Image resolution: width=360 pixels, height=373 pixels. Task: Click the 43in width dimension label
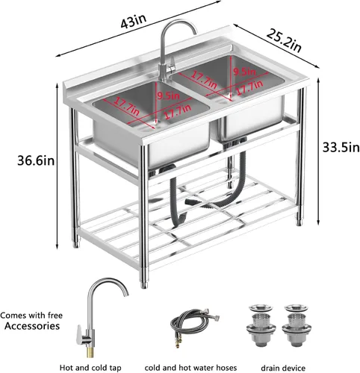point(134,21)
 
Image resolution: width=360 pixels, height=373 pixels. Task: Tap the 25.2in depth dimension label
point(284,40)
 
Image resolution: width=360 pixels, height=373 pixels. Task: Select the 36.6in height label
point(36,160)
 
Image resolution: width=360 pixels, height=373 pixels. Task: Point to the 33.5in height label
point(341,148)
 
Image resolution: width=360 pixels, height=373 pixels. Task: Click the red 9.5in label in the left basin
point(168,95)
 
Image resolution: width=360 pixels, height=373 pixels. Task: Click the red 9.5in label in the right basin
point(244,72)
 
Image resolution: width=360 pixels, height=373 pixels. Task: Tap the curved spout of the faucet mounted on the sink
point(179,28)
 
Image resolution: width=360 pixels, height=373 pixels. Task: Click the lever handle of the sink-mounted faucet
point(171,64)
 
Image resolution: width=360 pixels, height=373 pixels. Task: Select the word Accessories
point(32,326)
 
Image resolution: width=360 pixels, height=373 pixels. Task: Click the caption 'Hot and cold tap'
point(90,368)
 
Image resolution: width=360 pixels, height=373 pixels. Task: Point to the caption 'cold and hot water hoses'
point(190,368)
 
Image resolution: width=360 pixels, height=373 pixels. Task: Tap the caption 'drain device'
point(283,368)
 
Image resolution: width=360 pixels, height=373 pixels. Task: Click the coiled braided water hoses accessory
point(192,323)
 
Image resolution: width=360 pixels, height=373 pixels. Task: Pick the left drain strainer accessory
point(261,325)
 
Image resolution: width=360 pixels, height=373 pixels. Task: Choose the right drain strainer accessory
point(297,325)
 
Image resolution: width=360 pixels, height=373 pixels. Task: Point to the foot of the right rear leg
point(300,222)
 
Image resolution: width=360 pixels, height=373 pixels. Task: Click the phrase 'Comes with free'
point(31,316)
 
